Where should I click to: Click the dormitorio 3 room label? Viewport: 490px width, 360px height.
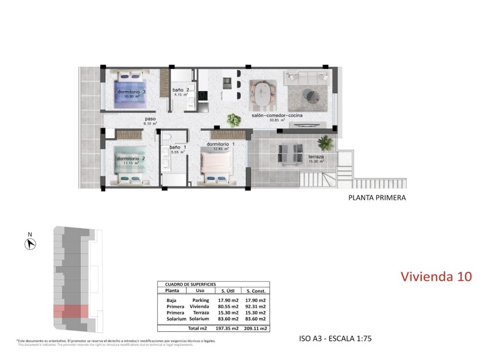(131, 92)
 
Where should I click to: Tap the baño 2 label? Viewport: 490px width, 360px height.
(181, 90)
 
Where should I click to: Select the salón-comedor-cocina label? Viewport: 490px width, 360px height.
(277, 115)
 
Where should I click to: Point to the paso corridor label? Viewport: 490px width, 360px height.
(150, 119)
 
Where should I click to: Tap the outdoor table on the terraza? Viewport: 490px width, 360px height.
(290, 154)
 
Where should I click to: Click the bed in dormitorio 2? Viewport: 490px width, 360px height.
(128, 165)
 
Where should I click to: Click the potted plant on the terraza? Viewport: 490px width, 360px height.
(325, 142)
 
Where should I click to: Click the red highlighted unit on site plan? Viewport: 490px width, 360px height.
(71, 311)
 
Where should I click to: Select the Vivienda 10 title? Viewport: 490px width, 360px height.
(436, 276)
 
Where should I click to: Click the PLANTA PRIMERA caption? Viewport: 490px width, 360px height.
(377, 198)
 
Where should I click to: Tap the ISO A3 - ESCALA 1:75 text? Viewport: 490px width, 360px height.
(336, 339)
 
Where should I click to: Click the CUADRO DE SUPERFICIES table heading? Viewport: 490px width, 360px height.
(190, 285)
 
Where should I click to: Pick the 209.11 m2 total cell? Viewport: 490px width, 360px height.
(256, 328)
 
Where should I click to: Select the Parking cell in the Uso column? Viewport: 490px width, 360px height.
(200, 300)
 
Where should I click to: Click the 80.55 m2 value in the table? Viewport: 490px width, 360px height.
(228, 306)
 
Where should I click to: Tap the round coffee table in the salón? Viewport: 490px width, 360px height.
(313, 93)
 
